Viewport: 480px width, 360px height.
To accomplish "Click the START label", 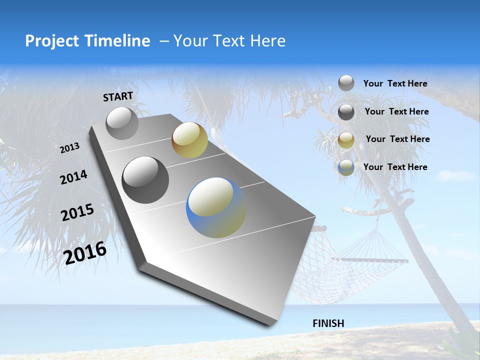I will pos(118,96).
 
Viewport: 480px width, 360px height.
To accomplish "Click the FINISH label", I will pos(328,323).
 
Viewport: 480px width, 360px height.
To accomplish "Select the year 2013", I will pos(69,148).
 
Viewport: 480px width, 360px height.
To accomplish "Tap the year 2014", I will pos(73,177).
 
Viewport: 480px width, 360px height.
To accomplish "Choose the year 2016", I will pos(85,253).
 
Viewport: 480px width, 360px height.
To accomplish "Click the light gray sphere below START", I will pos(122,123).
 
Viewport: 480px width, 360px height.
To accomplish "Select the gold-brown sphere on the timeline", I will pos(189,140).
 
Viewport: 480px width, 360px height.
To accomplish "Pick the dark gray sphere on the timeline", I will pos(145,180).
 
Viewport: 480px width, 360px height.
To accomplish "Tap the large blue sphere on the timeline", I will pos(216,207).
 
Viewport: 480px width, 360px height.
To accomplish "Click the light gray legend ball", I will pos(346,83).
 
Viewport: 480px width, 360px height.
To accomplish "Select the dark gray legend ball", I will pos(346,112).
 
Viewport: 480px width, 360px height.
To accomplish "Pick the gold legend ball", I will pos(346,140).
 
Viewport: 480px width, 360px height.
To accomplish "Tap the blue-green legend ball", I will pos(346,167).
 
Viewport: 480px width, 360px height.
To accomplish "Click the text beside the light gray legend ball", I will pos(395,83).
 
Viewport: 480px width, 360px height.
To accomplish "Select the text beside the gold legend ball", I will pos(397,139).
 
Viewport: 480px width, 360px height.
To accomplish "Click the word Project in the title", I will pos(51,41).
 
